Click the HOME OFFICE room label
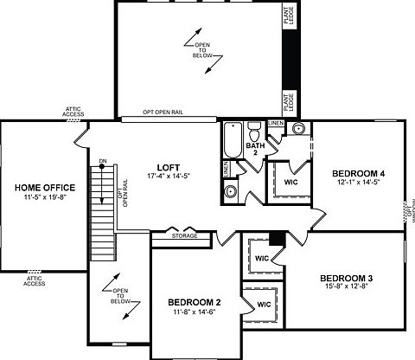44,187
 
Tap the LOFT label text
168,166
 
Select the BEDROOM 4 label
358,174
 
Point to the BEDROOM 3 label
345,278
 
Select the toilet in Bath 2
254,132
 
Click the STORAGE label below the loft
184,235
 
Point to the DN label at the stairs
103,161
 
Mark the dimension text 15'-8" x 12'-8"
345,288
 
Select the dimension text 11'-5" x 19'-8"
44,198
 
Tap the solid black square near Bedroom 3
277,239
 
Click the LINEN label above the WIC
275,124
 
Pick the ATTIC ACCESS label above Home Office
73,112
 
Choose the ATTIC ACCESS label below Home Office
34,280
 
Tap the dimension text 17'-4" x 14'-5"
169,177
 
